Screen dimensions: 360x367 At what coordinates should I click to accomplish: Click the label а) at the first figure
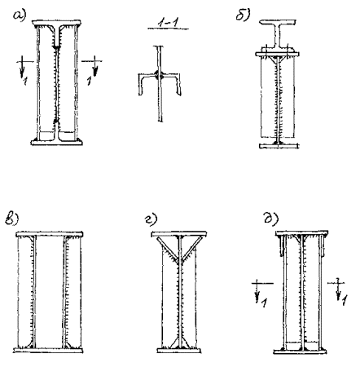pos(20,15)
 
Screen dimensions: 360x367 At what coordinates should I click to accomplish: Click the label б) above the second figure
pos(243,15)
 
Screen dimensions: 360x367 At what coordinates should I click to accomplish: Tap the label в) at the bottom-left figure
pos(11,219)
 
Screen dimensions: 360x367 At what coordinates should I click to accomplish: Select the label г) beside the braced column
pos(151,219)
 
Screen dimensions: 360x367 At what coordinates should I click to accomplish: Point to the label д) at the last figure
pos(271,219)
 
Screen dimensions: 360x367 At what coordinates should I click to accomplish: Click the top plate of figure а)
pos(56,23)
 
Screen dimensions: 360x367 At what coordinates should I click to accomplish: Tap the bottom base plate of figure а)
pos(56,142)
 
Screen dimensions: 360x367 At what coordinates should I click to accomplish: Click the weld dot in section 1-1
pos(159,75)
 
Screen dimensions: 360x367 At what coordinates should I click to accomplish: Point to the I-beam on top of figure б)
pos(278,34)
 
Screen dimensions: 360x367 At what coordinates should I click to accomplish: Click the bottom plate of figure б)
pos(279,146)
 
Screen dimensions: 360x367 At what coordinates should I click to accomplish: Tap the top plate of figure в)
pos(50,234)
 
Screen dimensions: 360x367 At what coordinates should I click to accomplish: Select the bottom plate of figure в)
pos(48,351)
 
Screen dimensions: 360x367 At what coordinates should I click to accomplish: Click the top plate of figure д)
pos(302,233)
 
